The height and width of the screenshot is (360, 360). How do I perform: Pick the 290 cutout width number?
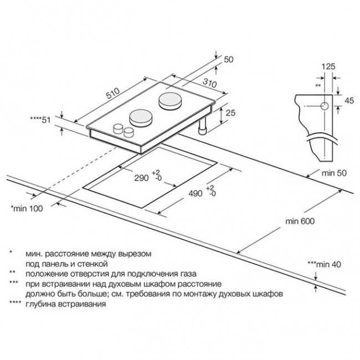tap(141, 178)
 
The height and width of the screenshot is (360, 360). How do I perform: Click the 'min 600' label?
tap(300, 222)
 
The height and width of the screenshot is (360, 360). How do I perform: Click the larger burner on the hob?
tap(170, 100)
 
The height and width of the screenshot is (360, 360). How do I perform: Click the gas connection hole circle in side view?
tap(323, 105)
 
